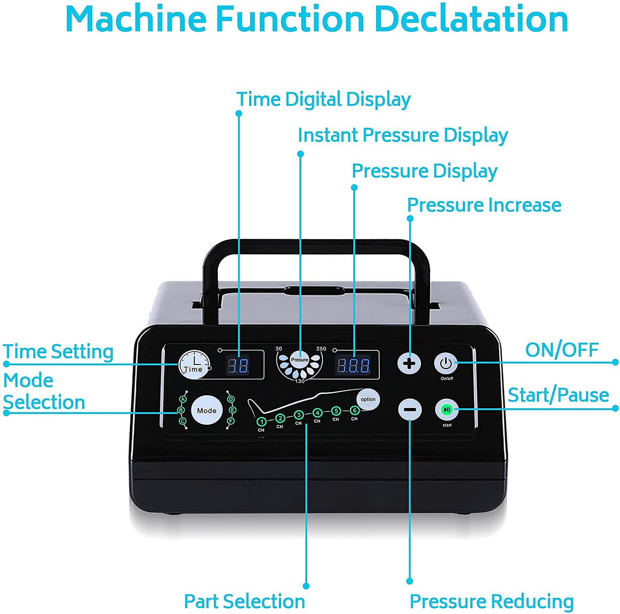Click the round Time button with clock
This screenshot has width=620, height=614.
point(193,364)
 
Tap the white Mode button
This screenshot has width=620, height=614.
point(207,410)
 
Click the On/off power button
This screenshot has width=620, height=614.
point(446,364)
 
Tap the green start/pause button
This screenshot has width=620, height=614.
point(447,409)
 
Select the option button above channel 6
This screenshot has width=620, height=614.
point(368,399)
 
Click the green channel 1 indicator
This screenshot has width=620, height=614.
point(261,422)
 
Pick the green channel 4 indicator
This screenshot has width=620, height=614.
point(317,413)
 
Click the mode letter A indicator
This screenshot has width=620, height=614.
point(183,399)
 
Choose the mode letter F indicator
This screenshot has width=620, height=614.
point(231,421)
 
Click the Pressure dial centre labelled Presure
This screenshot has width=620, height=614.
point(299,360)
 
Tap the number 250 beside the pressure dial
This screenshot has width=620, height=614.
point(321,349)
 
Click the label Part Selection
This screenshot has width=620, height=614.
point(244,601)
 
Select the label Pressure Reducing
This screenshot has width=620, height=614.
point(491,601)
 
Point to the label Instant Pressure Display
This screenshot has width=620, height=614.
point(403,135)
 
